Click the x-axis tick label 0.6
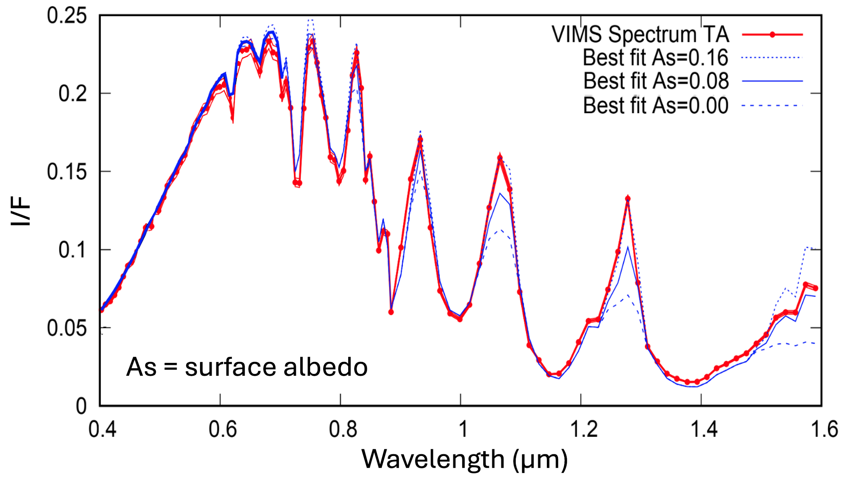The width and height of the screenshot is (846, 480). [222, 429]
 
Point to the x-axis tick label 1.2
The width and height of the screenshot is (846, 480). [584, 429]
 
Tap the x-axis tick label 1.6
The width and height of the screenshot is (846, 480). [824, 429]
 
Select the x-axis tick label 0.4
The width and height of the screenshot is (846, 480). [102, 429]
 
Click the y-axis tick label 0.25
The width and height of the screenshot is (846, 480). [67, 16]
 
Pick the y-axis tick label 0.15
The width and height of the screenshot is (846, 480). [67, 172]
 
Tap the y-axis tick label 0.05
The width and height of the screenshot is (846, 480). [67, 328]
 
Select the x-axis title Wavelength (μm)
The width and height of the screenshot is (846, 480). [464, 460]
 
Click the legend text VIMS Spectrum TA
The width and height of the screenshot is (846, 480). [640, 35]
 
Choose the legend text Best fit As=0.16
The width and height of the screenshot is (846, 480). [655, 58]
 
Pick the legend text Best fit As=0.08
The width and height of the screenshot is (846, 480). [656, 81]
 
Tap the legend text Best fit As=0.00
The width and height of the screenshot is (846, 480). [655, 106]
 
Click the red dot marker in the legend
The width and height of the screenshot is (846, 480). [773, 35]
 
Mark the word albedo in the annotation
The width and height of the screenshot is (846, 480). [326, 367]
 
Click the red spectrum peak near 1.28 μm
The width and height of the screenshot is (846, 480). [628, 199]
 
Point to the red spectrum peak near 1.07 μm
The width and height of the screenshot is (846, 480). [500, 157]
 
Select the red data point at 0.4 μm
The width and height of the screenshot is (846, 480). [101, 310]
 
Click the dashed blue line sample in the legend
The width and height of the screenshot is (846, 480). [772, 106]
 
